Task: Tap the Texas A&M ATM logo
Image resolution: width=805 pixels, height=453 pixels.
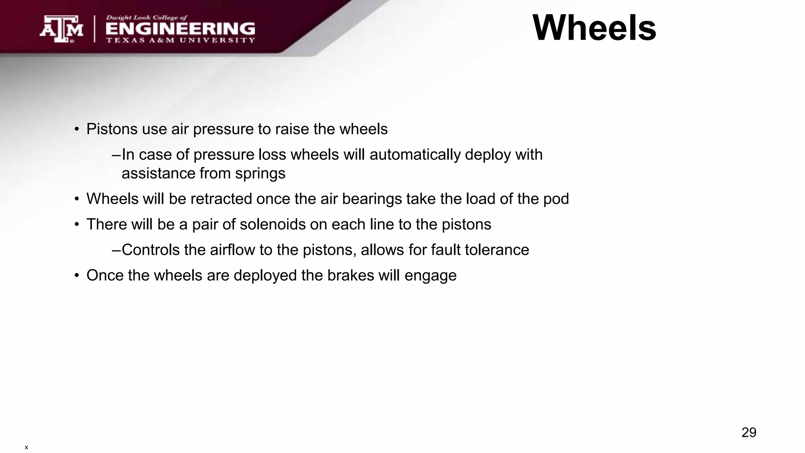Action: pos(61,29)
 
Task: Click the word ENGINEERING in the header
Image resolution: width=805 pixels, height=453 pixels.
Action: pos(180,29)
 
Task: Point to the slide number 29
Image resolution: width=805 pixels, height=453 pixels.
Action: pos(749,433)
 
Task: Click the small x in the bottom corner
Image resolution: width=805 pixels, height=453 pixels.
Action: pos(26,447)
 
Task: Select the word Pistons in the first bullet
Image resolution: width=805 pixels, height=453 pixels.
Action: pos(112,129)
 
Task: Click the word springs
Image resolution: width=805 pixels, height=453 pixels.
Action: pos(260,173)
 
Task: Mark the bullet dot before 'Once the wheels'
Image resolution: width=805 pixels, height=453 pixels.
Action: pos(77,276)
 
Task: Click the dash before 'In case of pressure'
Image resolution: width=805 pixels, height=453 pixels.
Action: pos(116,155)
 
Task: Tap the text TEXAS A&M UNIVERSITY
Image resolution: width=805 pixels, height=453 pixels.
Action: pos(180,40)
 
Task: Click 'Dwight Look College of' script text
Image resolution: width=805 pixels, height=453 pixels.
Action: pos(147,18)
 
